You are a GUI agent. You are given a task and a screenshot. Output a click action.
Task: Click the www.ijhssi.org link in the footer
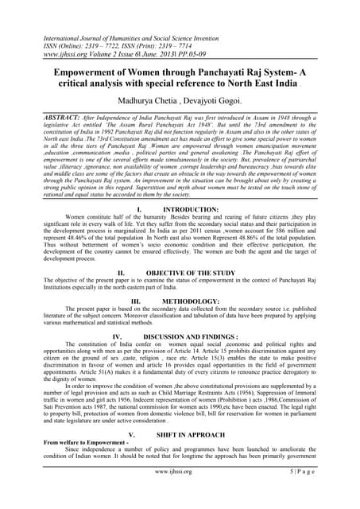click(180, 494)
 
